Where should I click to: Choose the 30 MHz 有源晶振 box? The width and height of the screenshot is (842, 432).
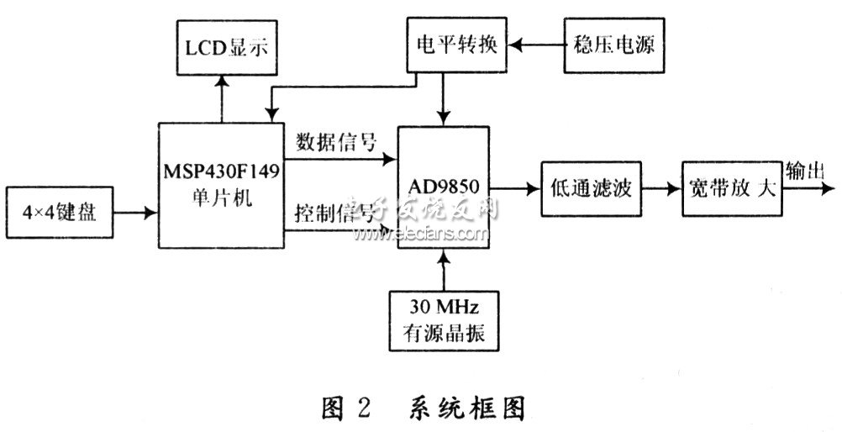[443, 319]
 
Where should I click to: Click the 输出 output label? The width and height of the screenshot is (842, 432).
[804, 171]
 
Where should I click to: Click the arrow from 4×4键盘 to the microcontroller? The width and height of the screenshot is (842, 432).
[134, 213]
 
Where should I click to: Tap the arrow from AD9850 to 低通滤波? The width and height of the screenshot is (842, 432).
[515, 189]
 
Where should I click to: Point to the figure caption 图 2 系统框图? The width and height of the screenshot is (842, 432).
[423, 408]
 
